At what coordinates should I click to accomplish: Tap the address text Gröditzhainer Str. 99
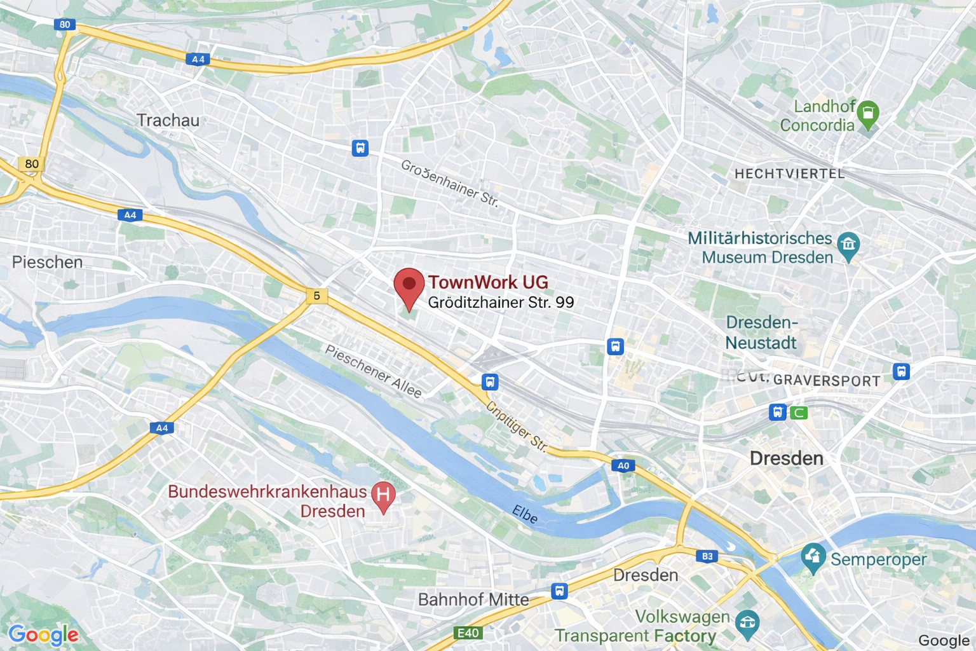pyautogui.click(x=501, y=303)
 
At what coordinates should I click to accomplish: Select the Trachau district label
pyautogui.click(x=168, y=120)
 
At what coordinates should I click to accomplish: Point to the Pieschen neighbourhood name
pyautogui.click(x=48, y=262)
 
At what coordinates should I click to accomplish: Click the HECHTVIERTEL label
pyautogui.click(x=789, y=174)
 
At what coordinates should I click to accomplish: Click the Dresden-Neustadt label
pyautogui.click(x=761, y=332)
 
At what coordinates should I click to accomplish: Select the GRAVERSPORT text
pyautogui.click(x=827, y=381)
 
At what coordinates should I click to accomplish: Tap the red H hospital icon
pyautogui.click(x=383, y=496)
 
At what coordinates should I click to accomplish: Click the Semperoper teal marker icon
pyautogui.click(x=813, y=557)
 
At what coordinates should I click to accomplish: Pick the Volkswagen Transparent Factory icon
pyautogui.click(x=747, y=624)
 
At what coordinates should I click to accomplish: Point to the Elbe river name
pyautogui.click(x=525, y=514)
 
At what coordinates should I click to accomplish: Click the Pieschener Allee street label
pyautogui.click(x=373, y=372)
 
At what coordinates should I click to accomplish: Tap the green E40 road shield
pyautogui.click(x=468, y=633)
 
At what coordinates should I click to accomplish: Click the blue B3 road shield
pyautogui.click(x=707, y=556)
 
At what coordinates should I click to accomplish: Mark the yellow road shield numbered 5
pyautogui.click(x=316, y=296)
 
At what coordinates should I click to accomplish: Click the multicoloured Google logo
pyautogui.click(x=43, y=634)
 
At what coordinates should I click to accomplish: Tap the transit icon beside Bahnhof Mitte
pyautogui.click(x=559, y=591)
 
